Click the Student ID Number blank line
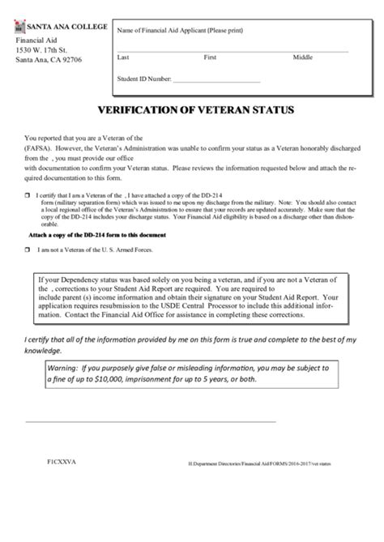(216, 82)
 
